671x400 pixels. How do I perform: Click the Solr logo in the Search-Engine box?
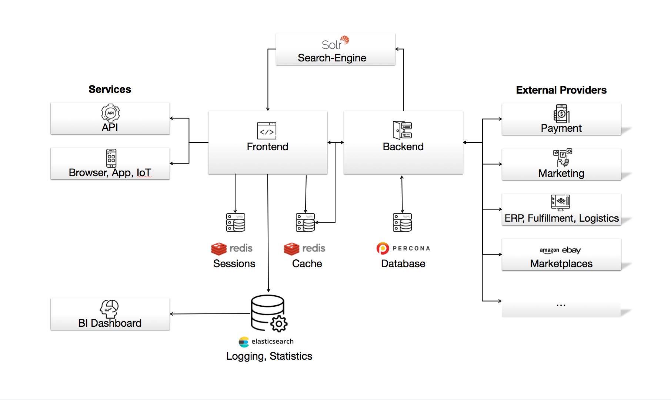point(335,43)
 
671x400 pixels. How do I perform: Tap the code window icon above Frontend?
point(267,131)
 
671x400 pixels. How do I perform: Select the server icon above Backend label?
point(402,130)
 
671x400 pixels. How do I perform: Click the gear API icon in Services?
point(110,113)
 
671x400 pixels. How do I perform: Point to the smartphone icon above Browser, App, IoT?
point(111,158)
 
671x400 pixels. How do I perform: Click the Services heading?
point(110,90)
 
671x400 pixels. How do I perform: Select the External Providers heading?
point(561,90)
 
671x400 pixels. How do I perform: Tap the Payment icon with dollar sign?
point(561,114)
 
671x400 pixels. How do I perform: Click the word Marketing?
point(561,173)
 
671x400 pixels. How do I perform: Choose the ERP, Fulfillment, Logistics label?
point(561,218)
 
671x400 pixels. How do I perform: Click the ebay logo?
point(571,250)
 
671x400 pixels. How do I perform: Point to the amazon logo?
point(549,251)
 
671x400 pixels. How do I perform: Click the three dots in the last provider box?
point(561,305)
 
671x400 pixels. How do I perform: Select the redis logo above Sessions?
point(232,248)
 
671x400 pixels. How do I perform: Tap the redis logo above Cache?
point(304,248)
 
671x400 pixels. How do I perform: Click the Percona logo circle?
point(383,248)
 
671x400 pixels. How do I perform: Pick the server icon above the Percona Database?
point(402,222)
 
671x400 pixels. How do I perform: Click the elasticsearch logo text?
point(272,342)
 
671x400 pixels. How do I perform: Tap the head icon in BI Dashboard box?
point(109,309)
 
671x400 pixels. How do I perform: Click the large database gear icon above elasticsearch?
point(269,313)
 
